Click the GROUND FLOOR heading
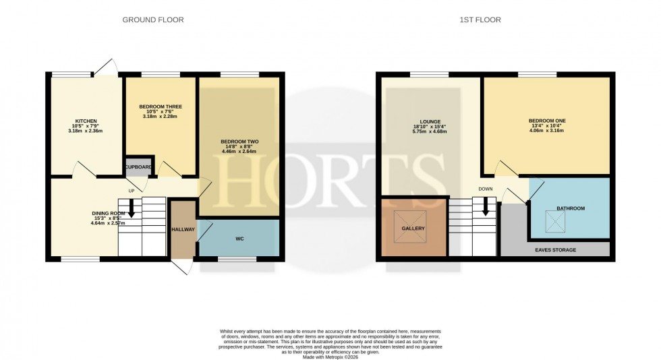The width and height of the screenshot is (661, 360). pyautogui.click(x=152, y=20)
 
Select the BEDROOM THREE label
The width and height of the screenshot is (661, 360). pyautogui.click(x=161, y=107)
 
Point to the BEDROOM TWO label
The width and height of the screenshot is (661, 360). pyautogui.click(x=239, y=142)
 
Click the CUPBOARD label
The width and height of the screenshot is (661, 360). pyautogui.click(x=138, y=167)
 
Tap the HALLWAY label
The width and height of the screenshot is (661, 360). pyautogui.click(x=182, y=229)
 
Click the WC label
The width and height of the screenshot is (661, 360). pyautogui.click(x=239, y=239)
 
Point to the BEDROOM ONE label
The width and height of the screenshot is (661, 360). pyautogui.click(x=547, y=121)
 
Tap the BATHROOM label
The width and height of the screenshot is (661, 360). pyautogui.click(x=570, y=208)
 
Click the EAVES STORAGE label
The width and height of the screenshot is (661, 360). pyautogui.click(x=555, y=250)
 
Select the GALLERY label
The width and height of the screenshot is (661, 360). pyautogui.click(x=413, y=229)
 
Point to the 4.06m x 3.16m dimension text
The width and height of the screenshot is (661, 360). pyautogui.click(x=547, y=131)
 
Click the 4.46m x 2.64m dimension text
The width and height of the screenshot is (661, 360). pyautogui.click(x=239, y=152)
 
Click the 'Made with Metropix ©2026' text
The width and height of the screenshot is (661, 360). pyautogui.click(x=330, y=357)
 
